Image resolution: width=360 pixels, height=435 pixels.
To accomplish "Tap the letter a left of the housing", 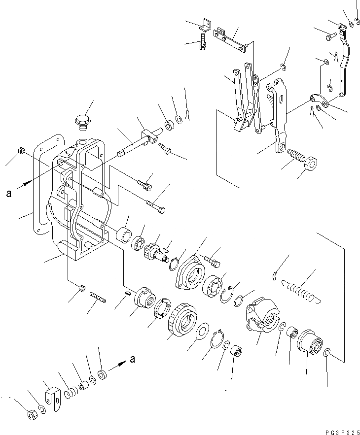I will click(9, 194).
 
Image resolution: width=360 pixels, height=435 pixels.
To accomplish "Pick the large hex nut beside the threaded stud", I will click(312, 163).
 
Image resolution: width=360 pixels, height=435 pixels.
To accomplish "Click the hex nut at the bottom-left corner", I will click(31, 415).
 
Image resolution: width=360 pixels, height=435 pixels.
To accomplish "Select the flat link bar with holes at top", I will click(230, 39).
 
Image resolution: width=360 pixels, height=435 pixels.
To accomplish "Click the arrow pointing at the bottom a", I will click(117, 365).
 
